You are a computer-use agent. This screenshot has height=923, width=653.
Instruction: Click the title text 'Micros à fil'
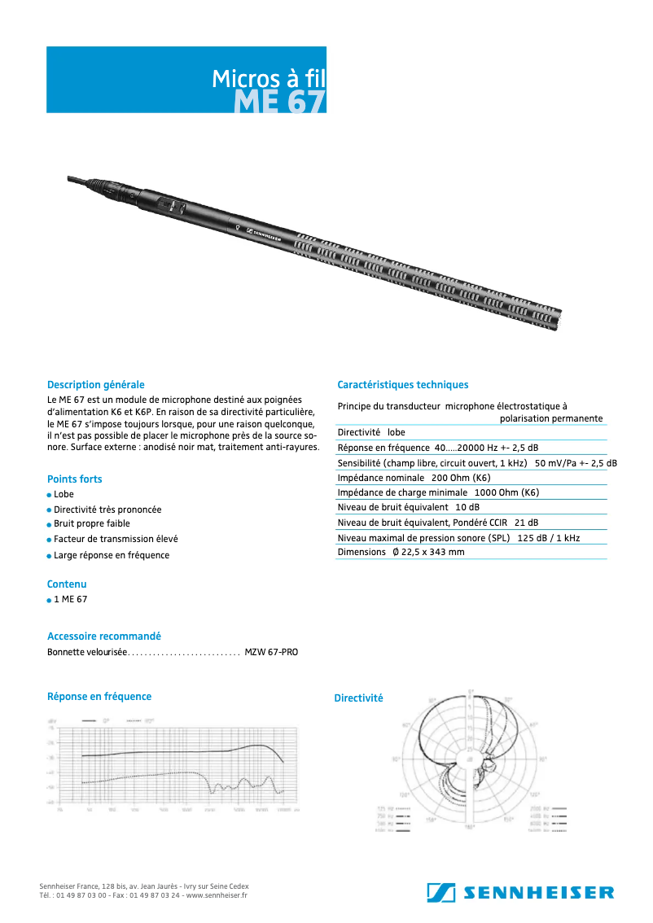(x=268, y=78)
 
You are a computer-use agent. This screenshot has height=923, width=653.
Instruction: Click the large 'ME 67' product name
(x=279, y=102)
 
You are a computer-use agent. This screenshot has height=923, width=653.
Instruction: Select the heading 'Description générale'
(x=95, y=384)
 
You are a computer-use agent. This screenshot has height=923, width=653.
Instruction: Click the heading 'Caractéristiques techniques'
(x=402, y=385)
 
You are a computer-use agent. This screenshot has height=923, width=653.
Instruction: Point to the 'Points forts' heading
(x=75, y=479)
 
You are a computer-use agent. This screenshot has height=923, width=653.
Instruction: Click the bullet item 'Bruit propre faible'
(x=91, y=524)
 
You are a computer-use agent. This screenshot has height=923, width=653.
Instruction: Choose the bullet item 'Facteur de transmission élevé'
(x=116, y=539)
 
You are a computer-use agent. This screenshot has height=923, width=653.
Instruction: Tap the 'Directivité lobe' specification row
(x=371, y=432)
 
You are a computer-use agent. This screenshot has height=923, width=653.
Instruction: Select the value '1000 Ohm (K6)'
(x=506, y=492)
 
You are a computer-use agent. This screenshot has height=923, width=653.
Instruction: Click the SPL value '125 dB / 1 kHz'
(x=548, y=538)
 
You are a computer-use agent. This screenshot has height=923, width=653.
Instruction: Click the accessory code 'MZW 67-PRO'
(x=271, y=653)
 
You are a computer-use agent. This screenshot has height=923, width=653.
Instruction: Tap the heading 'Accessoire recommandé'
(x=104, y=636)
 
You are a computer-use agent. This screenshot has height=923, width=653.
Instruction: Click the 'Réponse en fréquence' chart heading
(x=99, y=697)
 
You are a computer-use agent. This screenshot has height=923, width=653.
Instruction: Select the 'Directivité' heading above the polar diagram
(x=358, y=698)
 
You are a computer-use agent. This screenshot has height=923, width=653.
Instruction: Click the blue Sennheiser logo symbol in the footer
(x=440, y=892)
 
